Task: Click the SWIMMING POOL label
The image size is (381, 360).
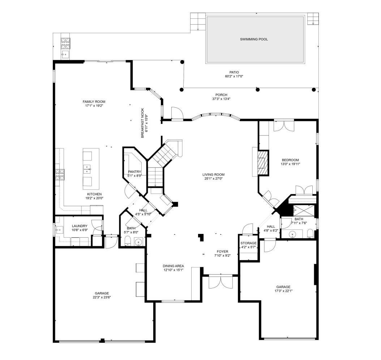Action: tap(254, 39)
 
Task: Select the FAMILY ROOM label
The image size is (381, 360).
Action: tap(94, 102)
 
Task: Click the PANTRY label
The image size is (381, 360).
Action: tap(134, 172)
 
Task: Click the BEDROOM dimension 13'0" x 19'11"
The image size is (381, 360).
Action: tap(290, 164)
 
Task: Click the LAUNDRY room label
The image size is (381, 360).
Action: tap(79, 226)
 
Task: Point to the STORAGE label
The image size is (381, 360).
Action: tap(248, 243)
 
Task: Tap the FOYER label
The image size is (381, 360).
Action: tap(222, 252)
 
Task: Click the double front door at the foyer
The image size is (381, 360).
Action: tap(219, 282)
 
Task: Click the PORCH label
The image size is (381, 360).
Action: tap(221, 95)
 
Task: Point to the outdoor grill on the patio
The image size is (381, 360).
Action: tap(65, 43)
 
